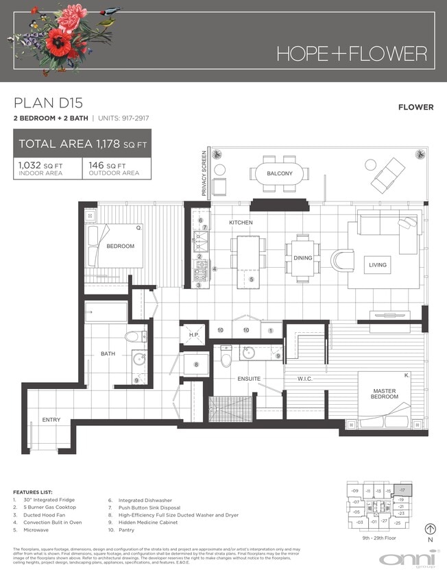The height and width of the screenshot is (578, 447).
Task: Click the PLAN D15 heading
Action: pyautogui.click(x=48, y=103)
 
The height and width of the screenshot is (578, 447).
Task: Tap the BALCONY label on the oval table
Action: pyautogui.click(x=280, y=173)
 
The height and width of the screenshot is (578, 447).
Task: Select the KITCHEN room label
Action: pyautogui.click(x=241, y=223)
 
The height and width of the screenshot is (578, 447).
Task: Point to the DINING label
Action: pyautogui.click(x=303, y=258)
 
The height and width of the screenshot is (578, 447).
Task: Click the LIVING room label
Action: pyautogui.click(x=377, y=265)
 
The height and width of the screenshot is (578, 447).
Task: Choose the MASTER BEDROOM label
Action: pyautogui.click(x=384, y=393)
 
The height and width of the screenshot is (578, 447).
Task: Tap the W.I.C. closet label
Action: pyautogui.click(x=306, y=378)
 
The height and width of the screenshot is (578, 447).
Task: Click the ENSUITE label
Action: pyautogui.click(x=249, y=378)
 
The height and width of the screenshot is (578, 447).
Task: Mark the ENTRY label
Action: pyautogui.click(x=51, y=420)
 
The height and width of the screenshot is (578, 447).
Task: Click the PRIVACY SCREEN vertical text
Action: pyautogui.click(x=204, y=174)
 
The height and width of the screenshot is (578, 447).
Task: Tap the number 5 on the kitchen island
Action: pyautogui.click(x=251, y=279)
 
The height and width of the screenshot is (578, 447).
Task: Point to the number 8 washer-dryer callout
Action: pyautogui.click(x=195, y=364)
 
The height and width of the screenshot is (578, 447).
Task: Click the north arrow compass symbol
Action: pyautogui.click(x=431, y=529)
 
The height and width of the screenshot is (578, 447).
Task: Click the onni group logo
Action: pyautogui.click(x=407, y=560)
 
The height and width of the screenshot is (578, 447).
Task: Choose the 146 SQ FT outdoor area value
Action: pyautogui.click(x=106, y=166)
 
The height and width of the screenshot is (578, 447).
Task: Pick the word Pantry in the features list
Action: pyautogui.click(x=129, y=529)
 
